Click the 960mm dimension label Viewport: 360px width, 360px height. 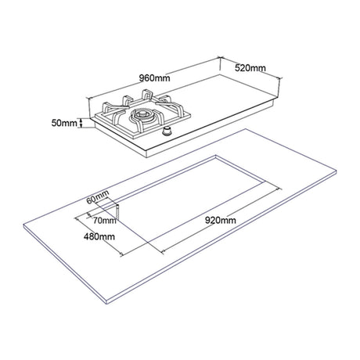tap(154, 77)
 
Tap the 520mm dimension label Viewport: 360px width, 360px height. tap(250, 68)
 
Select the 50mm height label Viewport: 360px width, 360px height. tap(64, 123)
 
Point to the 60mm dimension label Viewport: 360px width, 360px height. tap(98, 197)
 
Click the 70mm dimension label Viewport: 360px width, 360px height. tap(105, 221)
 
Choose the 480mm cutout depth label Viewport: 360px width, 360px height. tap(99, 236)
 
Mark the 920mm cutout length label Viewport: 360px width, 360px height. tap(221, 221)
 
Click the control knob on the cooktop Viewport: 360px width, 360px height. tap(167, 131)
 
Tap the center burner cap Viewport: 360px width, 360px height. tap(142, 114)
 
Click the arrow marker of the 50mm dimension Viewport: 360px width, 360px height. tap(81, 123)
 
